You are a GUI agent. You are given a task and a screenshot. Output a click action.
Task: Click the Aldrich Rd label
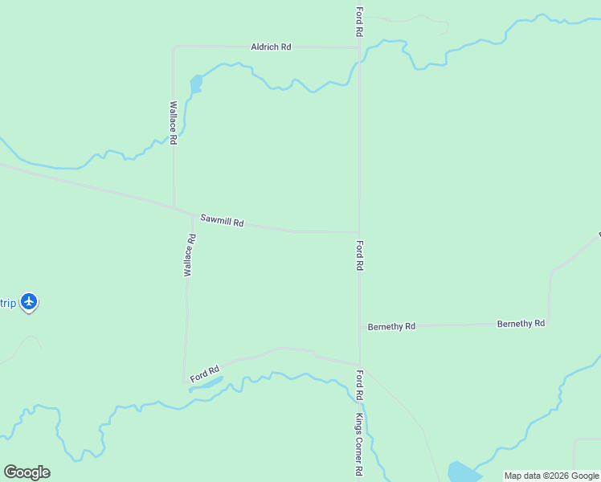(271, 47)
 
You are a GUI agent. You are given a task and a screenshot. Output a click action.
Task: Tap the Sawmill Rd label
(222, 220)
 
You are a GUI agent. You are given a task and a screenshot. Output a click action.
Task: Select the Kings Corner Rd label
(360, 446)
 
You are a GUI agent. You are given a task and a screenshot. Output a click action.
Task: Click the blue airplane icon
(29, 302)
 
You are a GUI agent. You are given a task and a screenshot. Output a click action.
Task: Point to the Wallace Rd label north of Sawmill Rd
(173, 122)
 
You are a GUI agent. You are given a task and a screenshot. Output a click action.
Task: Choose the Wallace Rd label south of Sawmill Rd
(190, 255)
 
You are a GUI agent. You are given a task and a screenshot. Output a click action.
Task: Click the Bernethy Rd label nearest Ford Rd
(391, 327)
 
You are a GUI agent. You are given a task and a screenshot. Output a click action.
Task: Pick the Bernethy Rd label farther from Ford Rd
(521, 323)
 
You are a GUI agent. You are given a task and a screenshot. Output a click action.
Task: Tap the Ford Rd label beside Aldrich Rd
(360, 22)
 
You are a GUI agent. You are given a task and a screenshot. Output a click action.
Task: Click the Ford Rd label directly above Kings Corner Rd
(360, 386)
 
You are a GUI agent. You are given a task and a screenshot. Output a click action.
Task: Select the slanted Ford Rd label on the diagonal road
(205, 374)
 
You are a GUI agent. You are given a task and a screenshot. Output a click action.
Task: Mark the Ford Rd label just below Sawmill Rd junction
(361, 255)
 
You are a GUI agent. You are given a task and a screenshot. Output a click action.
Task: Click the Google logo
(27, 472)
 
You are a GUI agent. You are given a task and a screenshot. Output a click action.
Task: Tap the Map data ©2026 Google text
(551, 476)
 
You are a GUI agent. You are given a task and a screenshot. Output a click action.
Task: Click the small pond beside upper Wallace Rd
(195, 83)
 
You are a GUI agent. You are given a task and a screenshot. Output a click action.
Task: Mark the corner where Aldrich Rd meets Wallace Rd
(174, 47)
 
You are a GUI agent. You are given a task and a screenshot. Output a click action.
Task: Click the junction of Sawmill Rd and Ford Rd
(359, 232)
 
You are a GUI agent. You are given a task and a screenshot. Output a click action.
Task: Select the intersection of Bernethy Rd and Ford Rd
(360, 326)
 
